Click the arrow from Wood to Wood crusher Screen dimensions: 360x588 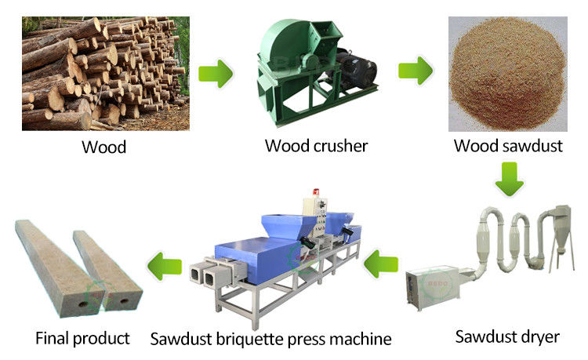point(218,74)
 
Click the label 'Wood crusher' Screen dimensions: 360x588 point(316,145)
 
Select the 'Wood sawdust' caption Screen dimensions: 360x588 point(508,145)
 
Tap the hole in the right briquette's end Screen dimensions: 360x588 point(125,300)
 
